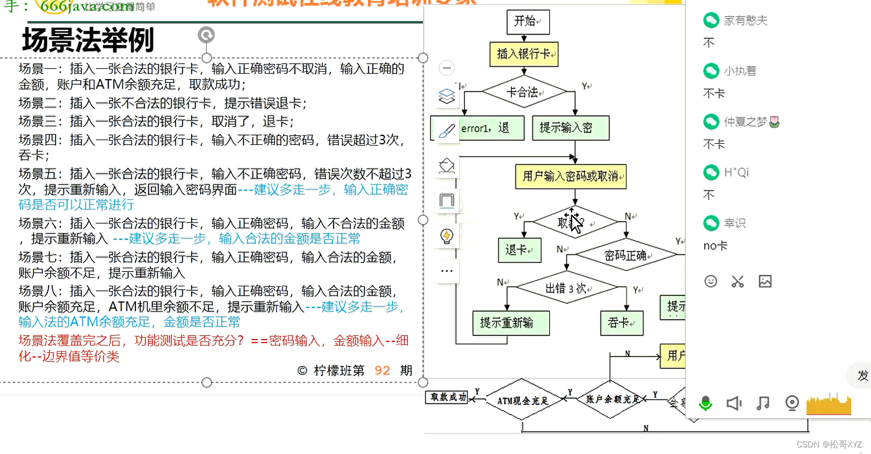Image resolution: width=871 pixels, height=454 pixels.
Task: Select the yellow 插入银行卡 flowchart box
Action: coord(524,54)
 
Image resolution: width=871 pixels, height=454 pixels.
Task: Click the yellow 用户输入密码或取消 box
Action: coord(570,176)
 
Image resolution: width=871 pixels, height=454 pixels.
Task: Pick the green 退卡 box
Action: coord(519,250)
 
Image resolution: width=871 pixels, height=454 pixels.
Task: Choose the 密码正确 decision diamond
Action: coord(625,255)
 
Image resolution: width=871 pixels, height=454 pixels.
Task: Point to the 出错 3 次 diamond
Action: coord(566,288)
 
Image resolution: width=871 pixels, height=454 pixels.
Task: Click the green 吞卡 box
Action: coord(622,323)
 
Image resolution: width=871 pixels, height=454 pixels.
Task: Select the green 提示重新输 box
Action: coord(507,323)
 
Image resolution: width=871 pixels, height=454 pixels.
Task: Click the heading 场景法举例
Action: coord(88,41)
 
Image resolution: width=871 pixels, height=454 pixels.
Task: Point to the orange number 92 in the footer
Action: coord(382,371)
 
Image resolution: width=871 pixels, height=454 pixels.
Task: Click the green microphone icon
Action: coord(706,403)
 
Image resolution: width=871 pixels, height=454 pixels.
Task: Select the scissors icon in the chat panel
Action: coord(737,281)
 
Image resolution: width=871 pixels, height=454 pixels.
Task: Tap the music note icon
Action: coord(763,403)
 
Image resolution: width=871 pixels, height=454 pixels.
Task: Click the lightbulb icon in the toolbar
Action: coord(447,235)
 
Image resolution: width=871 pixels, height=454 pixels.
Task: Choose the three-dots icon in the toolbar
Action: coord(447,271)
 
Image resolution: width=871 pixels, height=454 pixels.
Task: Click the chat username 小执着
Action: coord(740,71)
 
